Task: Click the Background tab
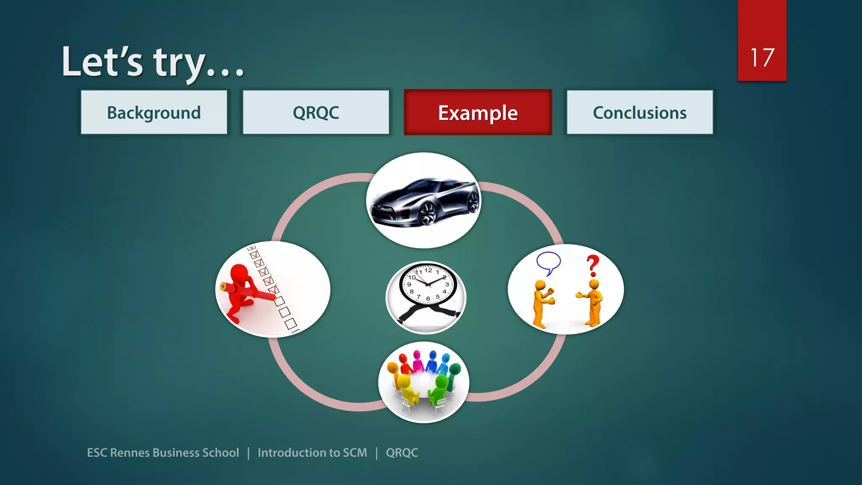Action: tap(154, 112)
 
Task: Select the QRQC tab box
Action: tap(316, 112)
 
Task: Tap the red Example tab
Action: tap(478, 112)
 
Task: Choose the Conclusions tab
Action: tap(640, 112)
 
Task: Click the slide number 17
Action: tap(762, 58)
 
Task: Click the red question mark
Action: tap(593, 266)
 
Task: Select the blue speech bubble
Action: tap(548, 262)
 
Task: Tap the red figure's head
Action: tap(239, 273)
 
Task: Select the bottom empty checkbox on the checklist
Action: tap(291, 324)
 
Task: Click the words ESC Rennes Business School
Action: tap(163, 453)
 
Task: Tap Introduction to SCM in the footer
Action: tap(312, 453)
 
